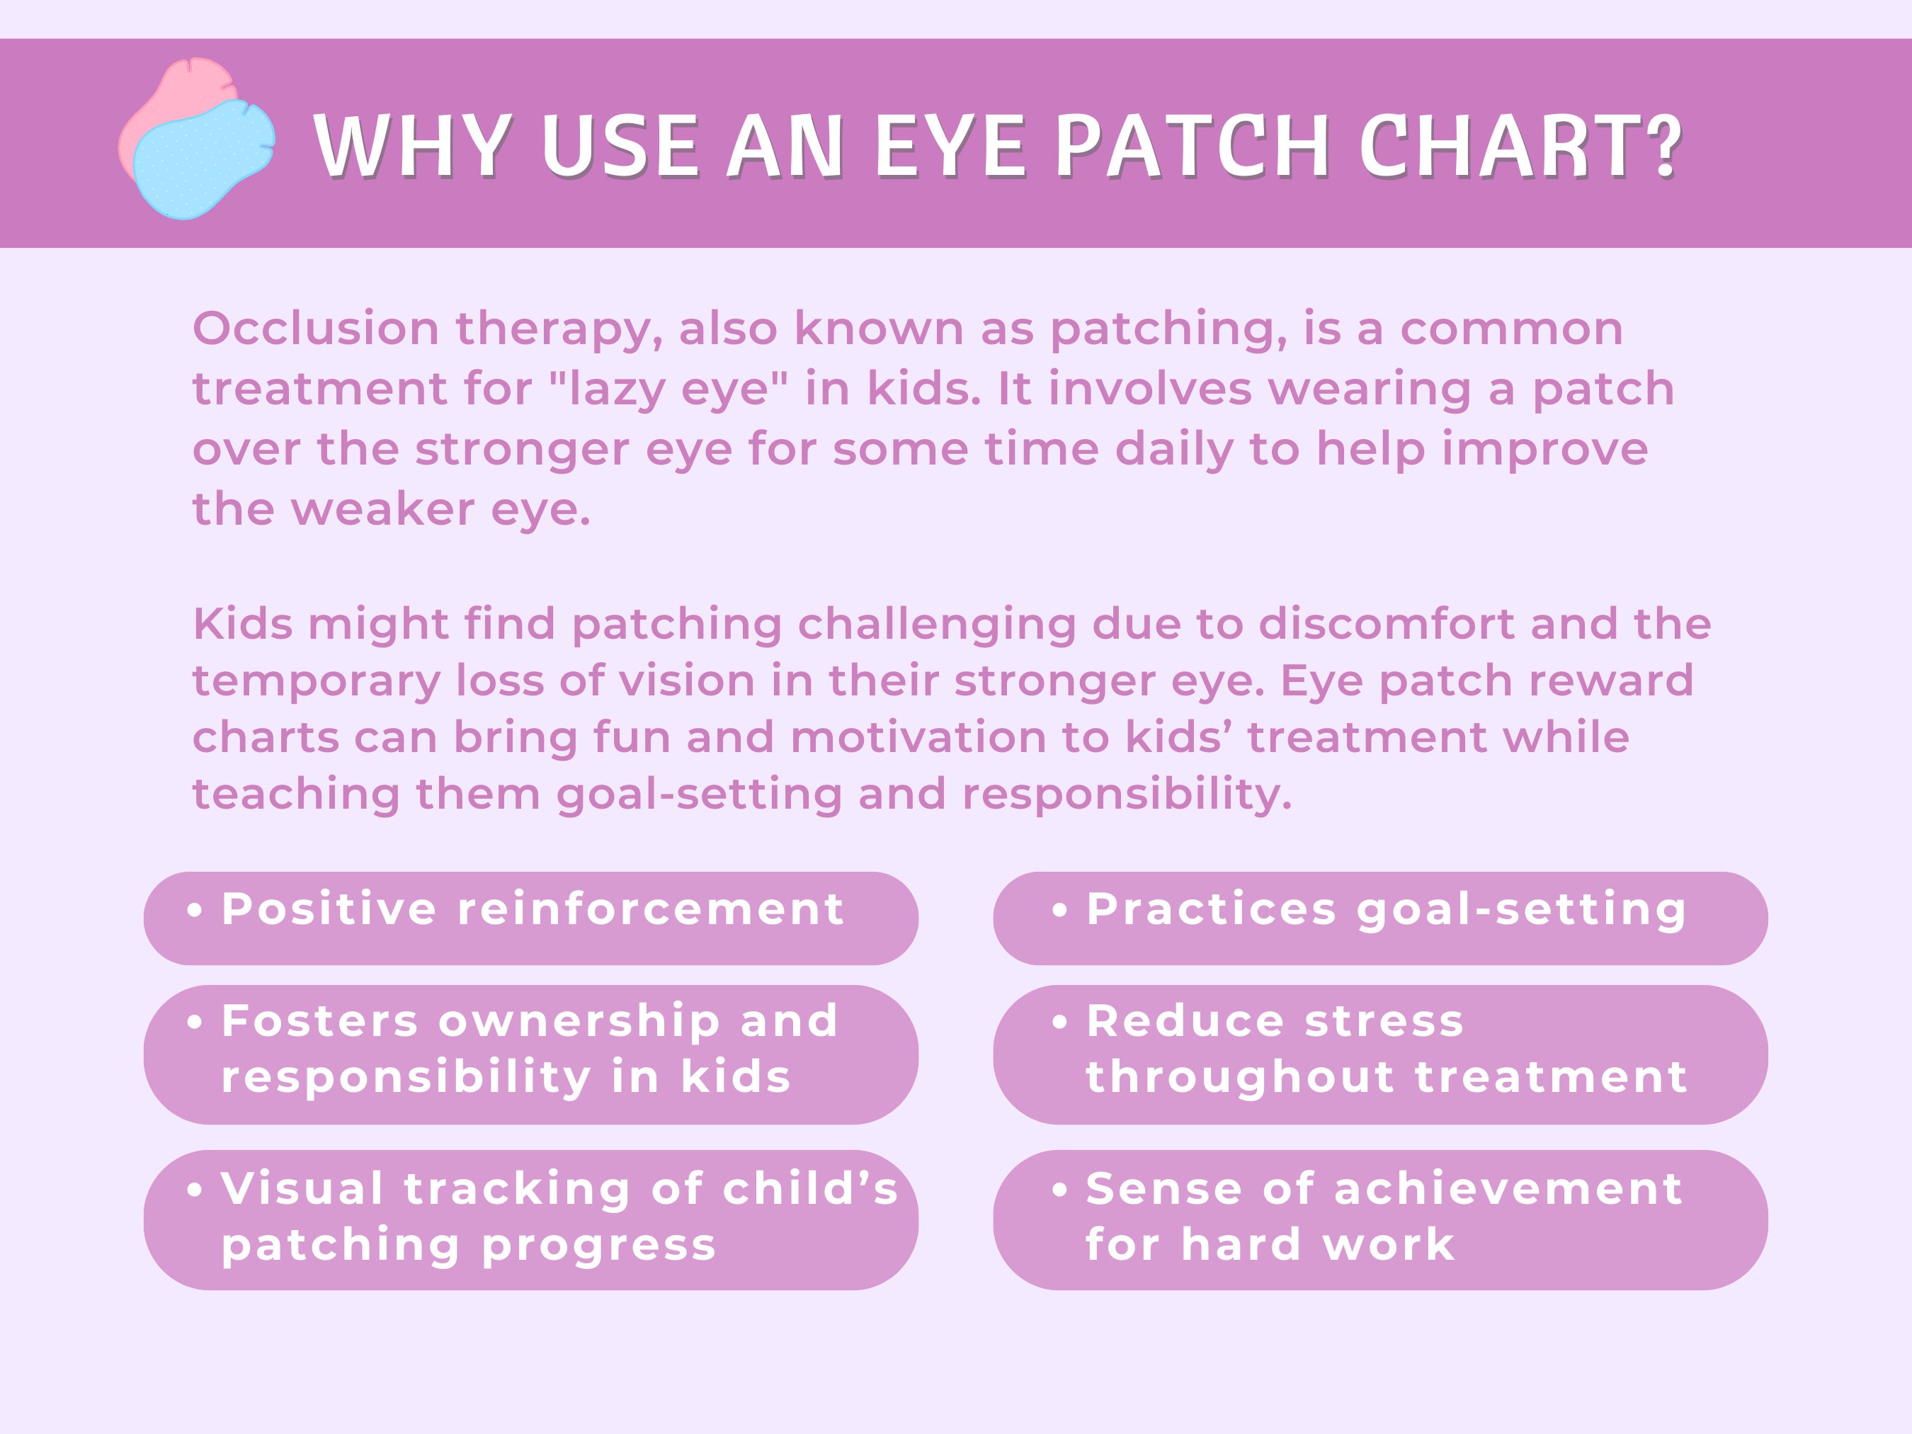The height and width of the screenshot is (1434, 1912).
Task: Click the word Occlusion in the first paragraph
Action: click(316, 329)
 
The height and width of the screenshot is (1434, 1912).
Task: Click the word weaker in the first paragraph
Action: click(382, 509)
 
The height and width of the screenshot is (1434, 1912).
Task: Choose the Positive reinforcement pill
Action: click(530, 917)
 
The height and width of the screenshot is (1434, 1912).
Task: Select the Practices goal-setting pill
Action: click(1380, 917)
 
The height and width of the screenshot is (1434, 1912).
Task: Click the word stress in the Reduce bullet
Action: click(1384, 1021)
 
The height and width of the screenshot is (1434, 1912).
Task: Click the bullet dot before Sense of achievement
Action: click(1059, 1190)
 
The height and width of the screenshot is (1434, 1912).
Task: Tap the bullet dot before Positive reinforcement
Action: click(195, 910)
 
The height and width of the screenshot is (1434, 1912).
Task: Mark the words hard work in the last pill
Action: click(1317, 1245)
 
